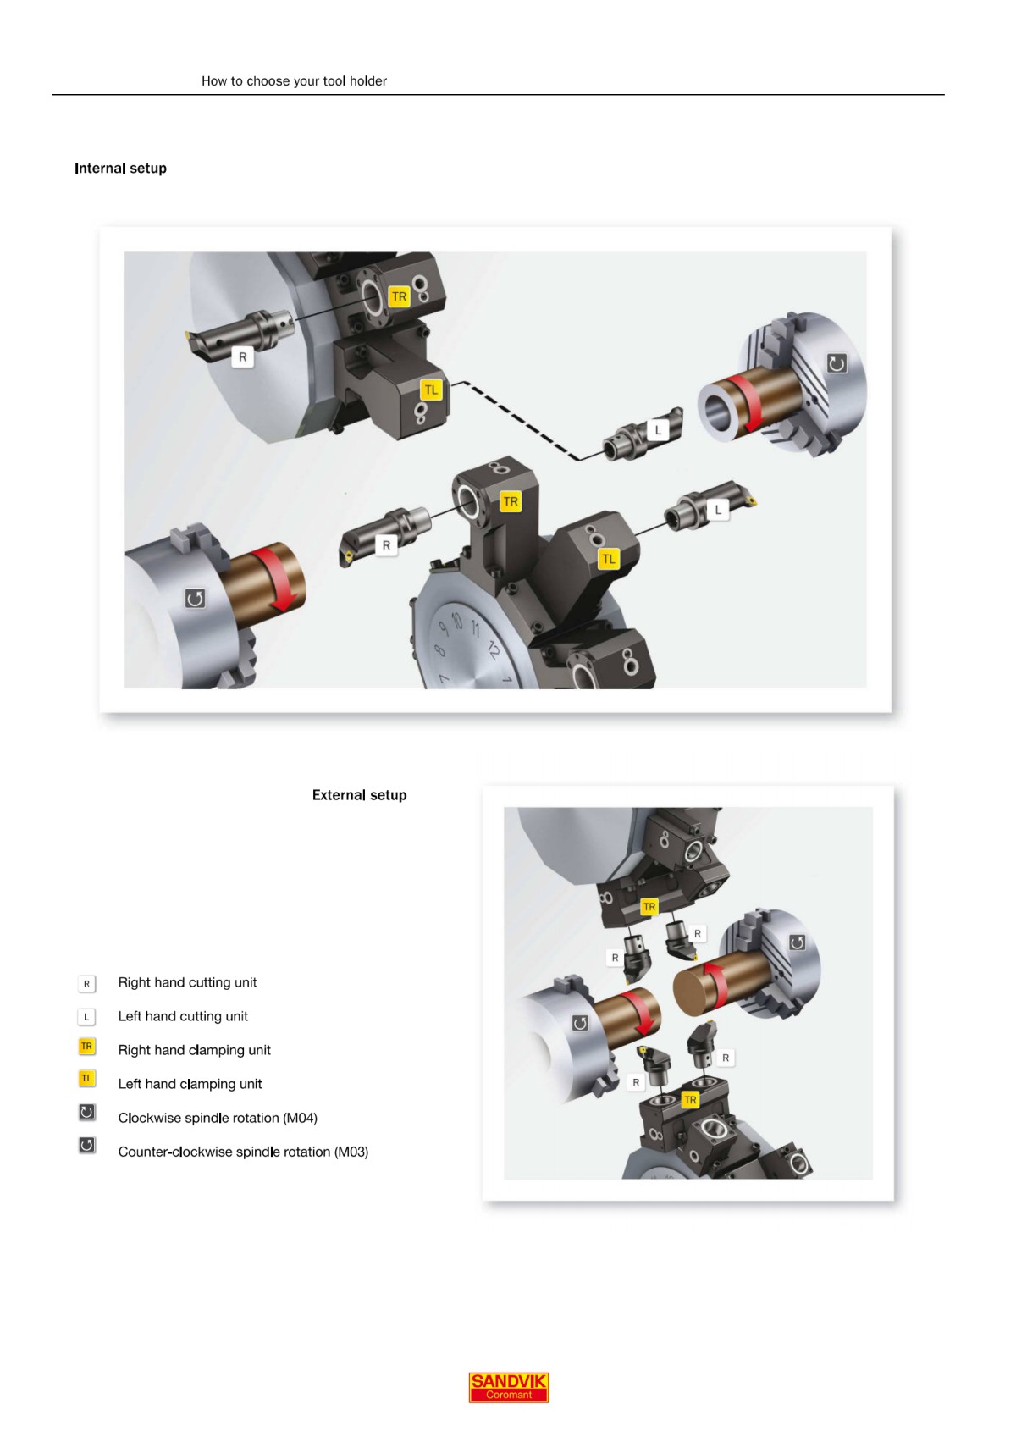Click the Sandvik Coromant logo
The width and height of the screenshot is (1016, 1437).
point(509,1387)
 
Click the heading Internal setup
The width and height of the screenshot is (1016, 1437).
point(120,169)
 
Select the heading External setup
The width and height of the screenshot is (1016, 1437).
point(359,795)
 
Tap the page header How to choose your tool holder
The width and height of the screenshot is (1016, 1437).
point(294,81)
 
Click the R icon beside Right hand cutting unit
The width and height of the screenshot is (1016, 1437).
point(86,984)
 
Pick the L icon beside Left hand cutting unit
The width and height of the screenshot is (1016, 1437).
point(86,1017)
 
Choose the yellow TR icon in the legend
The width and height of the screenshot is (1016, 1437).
point(86,1047)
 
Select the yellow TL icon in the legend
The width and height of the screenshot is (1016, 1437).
point(86,1079)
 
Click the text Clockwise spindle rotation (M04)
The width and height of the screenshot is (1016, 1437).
point(218,1118)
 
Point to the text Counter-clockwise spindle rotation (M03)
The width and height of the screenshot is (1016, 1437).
point(243,1152)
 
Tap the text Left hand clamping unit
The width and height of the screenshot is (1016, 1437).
point(190,1084)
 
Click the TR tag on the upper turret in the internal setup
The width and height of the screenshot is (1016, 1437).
point(399,297)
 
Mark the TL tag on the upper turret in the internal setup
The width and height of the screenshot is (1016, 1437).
point(432,390)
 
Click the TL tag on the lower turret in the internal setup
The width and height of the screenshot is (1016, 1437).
point(608,559)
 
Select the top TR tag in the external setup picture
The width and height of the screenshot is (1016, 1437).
point(649,907)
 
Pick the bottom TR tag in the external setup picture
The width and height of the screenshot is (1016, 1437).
point(690,1100)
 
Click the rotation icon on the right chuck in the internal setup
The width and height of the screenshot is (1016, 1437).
point(837,364)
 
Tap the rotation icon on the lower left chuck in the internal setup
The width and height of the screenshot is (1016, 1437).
point(195,599)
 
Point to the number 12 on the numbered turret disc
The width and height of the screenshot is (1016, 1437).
point(493,650)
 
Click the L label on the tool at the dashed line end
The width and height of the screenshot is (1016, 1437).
point(658,430)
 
